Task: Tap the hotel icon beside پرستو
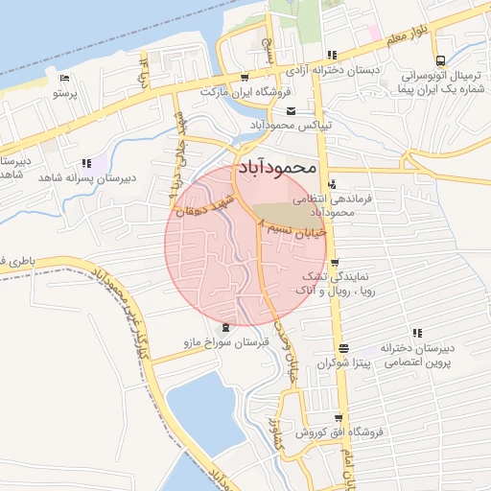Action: coord(64,79)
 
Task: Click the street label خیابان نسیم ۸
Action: coord(293,226)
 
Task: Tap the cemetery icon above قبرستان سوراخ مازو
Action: coord(226,328)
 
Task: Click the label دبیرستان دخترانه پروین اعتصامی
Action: coord(422,355)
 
